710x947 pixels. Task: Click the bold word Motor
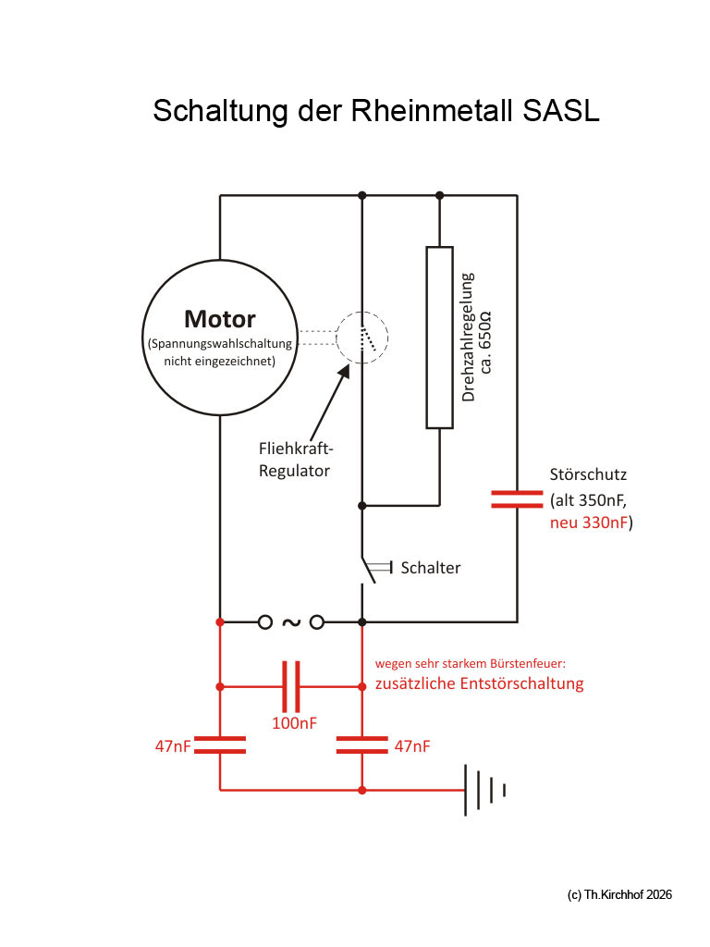tap(220, 319)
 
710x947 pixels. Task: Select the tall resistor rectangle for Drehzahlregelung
tap(439, 338)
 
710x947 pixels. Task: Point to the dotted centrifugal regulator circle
tap(361, 337)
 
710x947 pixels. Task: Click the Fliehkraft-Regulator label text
tap(296, 460)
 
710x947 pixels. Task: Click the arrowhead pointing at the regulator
tap(345, 369)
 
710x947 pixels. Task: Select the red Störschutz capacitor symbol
tap(517, 499)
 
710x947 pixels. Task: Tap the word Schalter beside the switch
tap(430, 568)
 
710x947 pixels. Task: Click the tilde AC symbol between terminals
tap(290, 621)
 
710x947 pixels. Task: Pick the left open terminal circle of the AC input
tap(264, 621)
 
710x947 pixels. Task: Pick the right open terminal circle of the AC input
tap(317, 621)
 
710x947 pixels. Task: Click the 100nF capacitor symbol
tap(290, 687)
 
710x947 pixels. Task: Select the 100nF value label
tap(294, 723)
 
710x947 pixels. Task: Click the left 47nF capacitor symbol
tap(220, 745)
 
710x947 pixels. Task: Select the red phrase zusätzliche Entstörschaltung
tap(479, 684)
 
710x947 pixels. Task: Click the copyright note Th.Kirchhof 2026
tap(618, 894)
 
